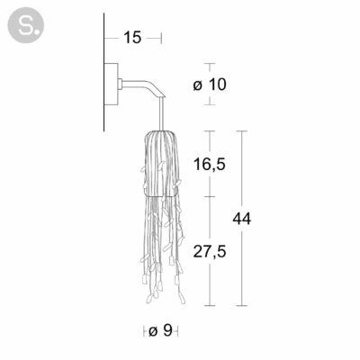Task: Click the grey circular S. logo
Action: point(26,25)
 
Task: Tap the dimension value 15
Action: point(132,38)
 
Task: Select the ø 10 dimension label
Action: point(210,85)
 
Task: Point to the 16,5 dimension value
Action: point(210,164)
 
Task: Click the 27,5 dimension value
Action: point(210,251)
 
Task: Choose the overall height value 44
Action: point(242,219)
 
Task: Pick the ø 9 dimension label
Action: point(160,331)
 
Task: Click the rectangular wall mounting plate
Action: point(111,84)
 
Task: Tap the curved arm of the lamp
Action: point(143,87)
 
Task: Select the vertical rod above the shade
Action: point(163,114)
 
